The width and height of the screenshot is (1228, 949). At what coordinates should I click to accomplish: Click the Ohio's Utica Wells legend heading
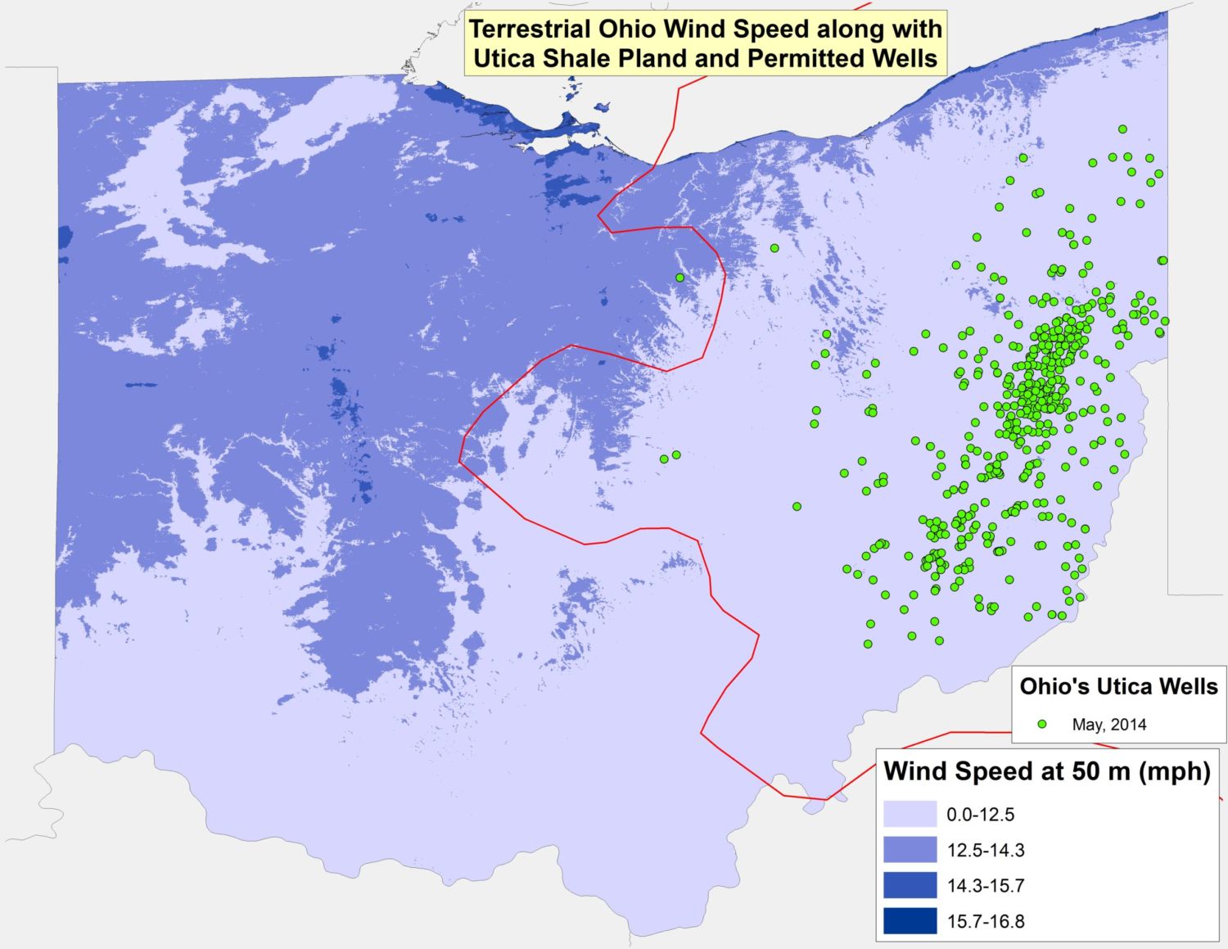[1118, 686]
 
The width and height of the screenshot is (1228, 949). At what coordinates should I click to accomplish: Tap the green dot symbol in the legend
[1042, 725]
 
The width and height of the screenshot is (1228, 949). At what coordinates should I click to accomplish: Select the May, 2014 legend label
[1109, 725]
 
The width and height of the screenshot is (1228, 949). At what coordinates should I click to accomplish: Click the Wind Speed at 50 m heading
[1047, 771]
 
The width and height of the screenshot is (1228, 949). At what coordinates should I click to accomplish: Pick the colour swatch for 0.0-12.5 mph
[910, 815]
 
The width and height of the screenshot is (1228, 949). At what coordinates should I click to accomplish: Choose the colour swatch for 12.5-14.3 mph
[910, 850]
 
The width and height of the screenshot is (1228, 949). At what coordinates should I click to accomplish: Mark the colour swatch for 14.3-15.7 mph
[910, 885]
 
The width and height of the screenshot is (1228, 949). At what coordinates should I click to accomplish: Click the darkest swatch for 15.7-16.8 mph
[910, 921]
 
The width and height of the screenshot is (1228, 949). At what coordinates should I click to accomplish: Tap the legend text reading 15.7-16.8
[986, 921]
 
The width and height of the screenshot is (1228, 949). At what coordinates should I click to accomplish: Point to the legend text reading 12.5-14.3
[986, 850]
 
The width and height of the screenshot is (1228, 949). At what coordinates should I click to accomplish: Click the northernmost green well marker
[1122, 129]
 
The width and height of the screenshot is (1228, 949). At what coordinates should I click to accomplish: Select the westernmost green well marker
[664, 459]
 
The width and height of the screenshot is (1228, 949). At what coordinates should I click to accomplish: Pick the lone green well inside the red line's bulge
[679, 278]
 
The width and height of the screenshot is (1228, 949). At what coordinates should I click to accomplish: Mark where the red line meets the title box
[679, 77]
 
